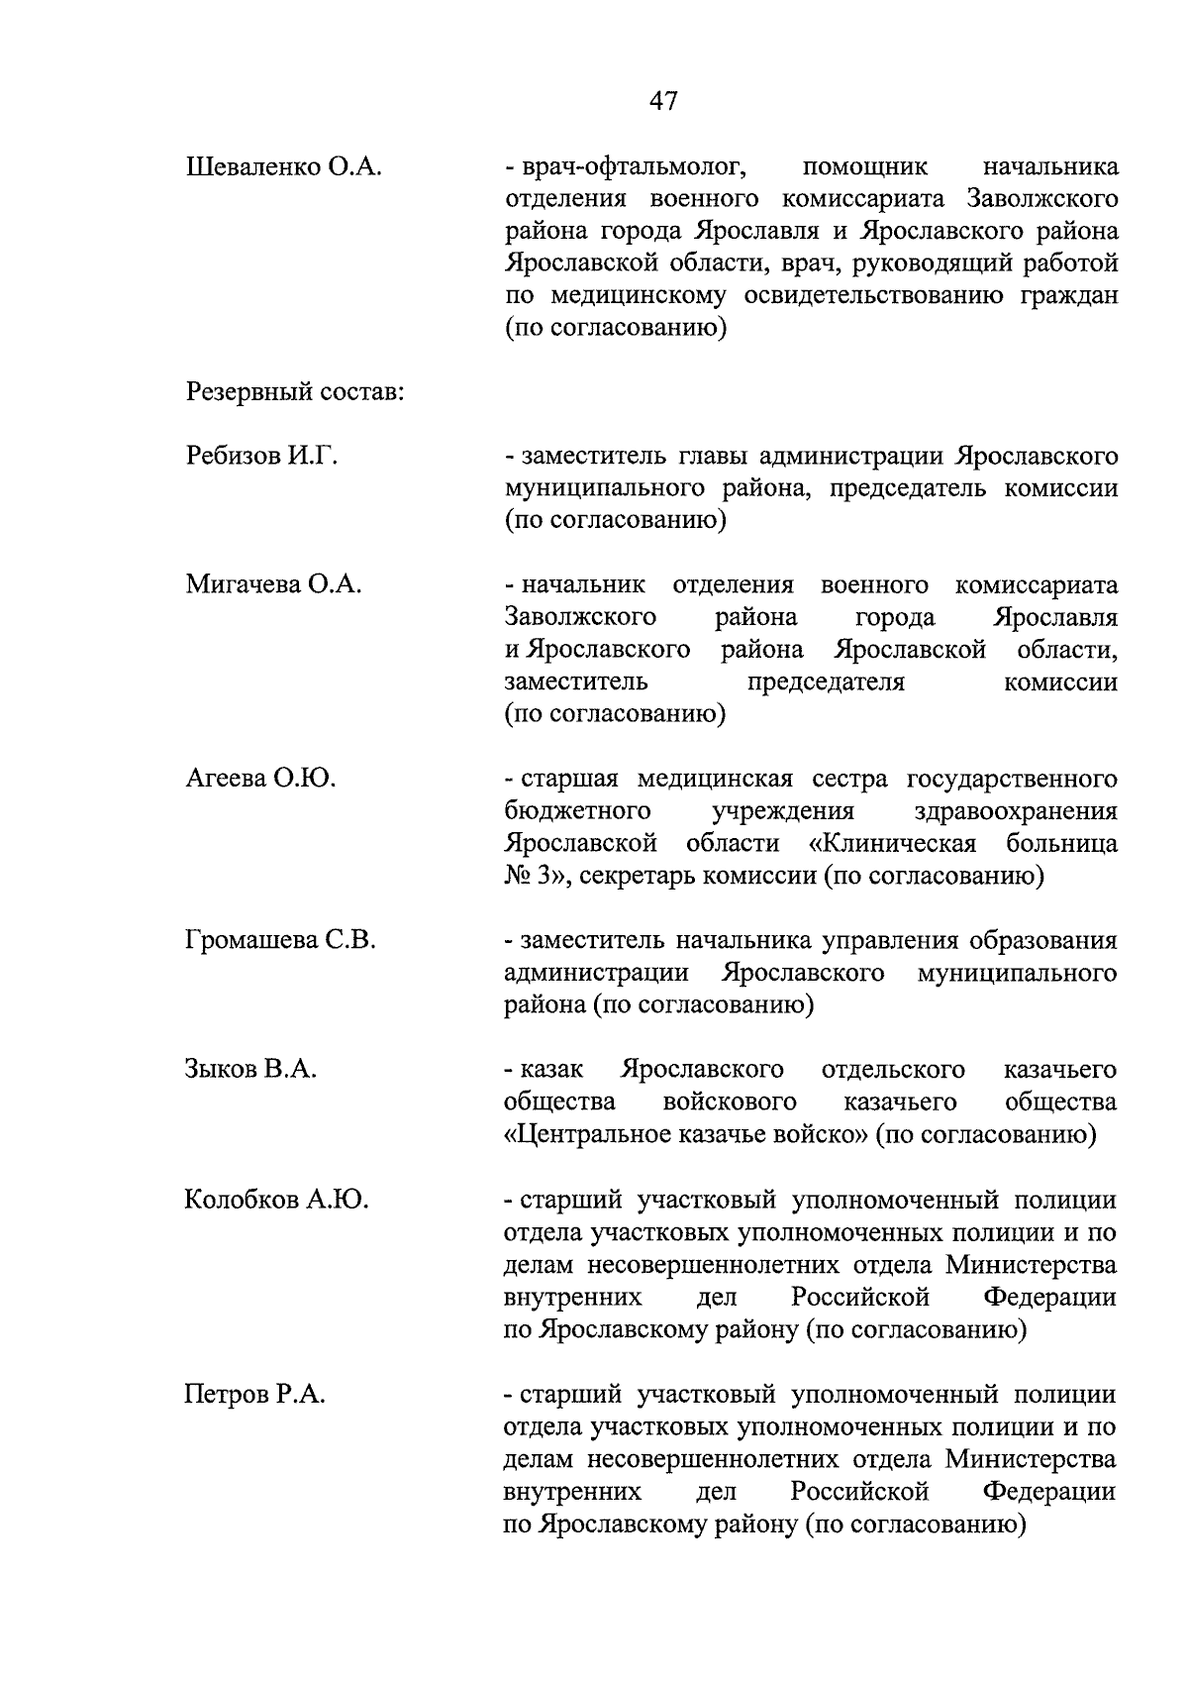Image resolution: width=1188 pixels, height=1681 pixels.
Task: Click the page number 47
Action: pos(663,101)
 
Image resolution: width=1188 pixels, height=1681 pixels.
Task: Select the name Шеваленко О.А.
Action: pos(283,166)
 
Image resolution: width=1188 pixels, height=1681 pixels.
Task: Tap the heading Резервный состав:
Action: pos(294,392)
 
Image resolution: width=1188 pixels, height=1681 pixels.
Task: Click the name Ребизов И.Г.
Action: pos(261,457)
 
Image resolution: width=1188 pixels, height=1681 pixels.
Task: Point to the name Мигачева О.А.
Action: pos(273,584)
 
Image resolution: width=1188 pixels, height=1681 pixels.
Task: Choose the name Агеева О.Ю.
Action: pos(260,779)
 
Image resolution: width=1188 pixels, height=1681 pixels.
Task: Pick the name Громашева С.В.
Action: pos(280,940)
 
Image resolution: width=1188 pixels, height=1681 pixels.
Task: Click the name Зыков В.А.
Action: pos(250,1070)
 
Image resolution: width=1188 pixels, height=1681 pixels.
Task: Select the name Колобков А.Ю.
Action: pos(276,1201)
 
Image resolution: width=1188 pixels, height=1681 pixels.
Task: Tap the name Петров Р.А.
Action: pos(255,1395)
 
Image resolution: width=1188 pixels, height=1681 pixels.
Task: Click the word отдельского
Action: pos(893,1070)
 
